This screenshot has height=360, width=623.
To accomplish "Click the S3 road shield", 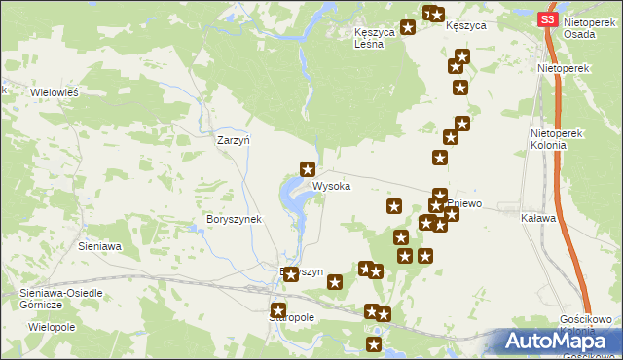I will [547, 19].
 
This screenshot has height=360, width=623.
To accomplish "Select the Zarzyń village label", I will [234, 140].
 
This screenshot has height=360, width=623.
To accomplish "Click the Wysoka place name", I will [331, 185].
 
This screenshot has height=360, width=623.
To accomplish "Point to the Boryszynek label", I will [235, 219].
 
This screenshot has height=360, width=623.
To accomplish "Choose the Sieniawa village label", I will [99, 246].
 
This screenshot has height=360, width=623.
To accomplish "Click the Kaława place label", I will [538, 218].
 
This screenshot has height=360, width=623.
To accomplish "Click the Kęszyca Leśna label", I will [374, 36].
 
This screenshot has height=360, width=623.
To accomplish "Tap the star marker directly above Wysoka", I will [308, 169].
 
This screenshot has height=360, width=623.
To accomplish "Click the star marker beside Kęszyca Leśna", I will [408, 27].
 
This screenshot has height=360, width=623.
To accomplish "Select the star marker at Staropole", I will [278, 309].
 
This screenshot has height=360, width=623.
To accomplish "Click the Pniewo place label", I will [465, 203].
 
